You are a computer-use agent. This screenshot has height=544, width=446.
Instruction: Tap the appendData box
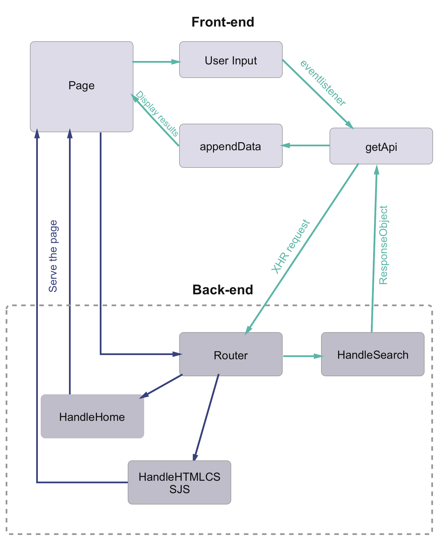pyautogui.click(x=231, y=146)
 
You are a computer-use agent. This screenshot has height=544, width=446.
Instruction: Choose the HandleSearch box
pyautogui.click(x=373, y=354)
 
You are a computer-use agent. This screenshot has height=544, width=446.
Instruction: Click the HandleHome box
pyautogui.click(x=92, y=417)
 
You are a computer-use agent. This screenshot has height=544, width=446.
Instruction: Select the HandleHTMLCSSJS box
pyautogui.click(x=179, y=482)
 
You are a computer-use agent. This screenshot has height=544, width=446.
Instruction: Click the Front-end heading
pyautogui.click(x=223, y=22)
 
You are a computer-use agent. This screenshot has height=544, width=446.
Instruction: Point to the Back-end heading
pyautogui.click(x=223, y=290)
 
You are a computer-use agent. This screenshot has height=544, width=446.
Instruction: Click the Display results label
pyautogui.click(x=157, y=114)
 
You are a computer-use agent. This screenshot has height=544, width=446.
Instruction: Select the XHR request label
pyautogui.click(x=291, y=246)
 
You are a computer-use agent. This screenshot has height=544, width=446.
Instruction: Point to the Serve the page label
pyautogui.click(x=53, y=256)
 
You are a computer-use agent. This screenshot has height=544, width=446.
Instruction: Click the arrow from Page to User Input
pyautogui.click(x=155, y=62)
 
